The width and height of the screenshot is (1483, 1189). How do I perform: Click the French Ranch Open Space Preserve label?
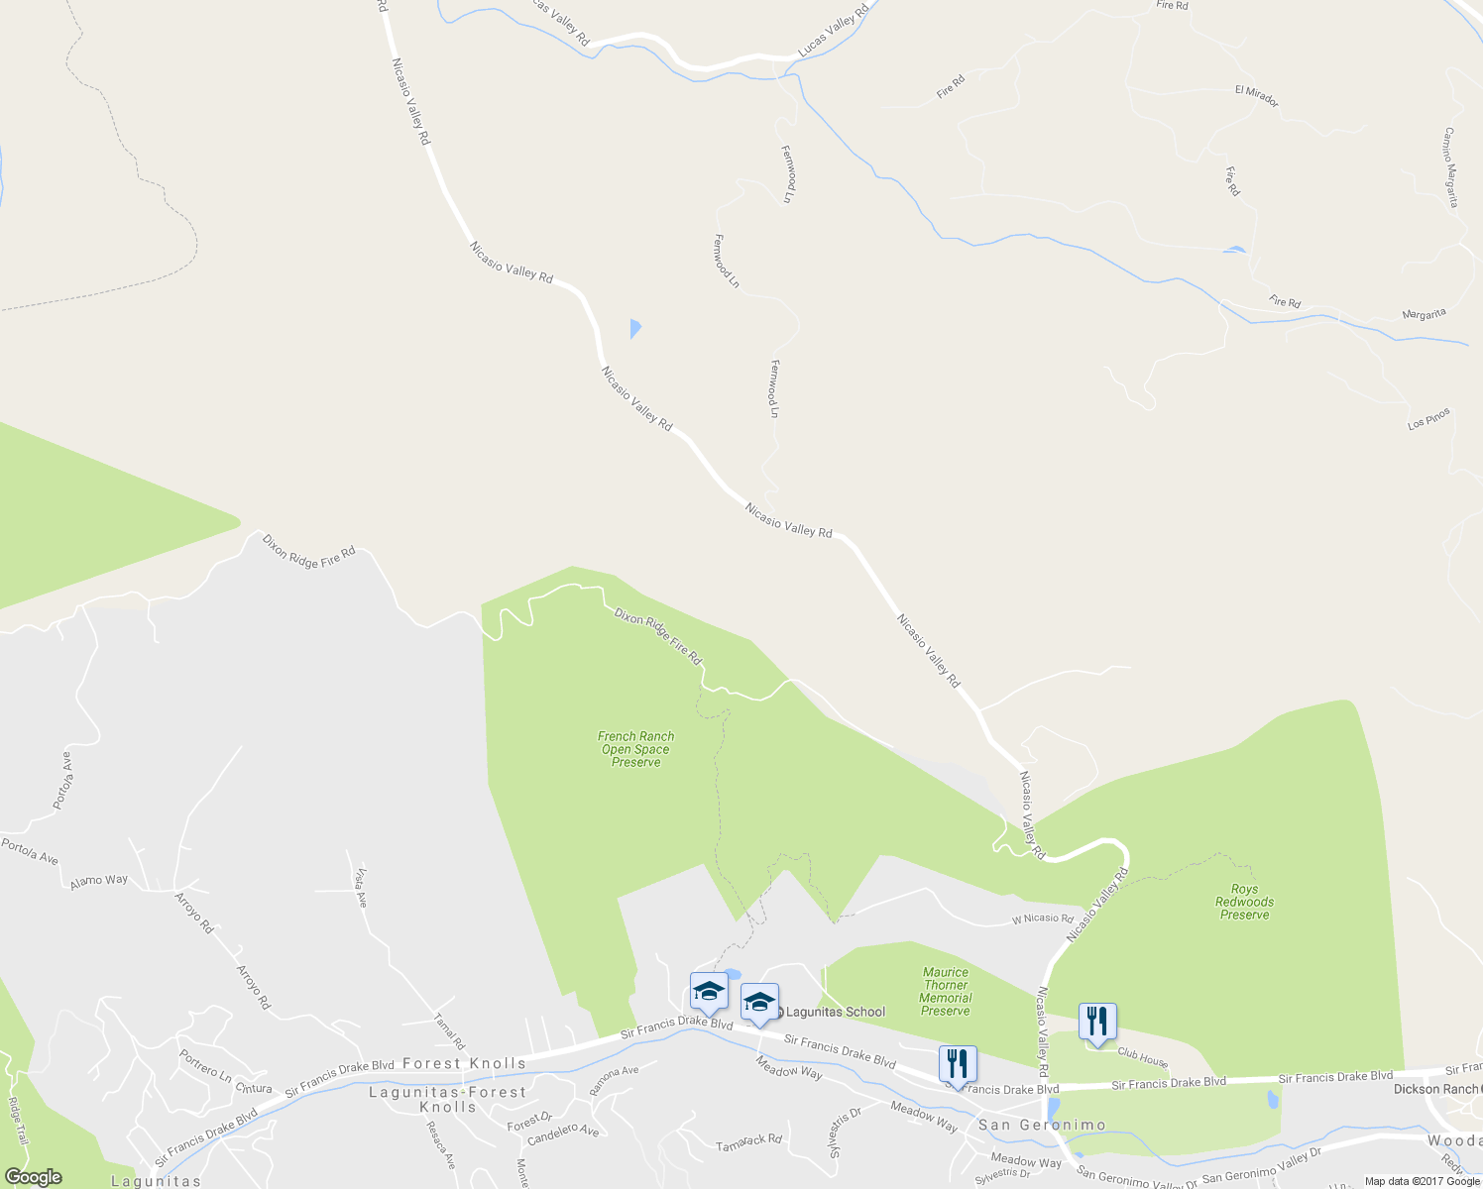point(635,749)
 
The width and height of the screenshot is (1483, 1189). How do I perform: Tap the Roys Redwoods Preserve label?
point(1244,902)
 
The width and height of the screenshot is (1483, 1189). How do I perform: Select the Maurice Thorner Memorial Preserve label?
point(946,992)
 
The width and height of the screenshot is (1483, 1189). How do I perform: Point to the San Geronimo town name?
point(1042,1125)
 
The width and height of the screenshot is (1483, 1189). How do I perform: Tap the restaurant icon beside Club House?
point(1097,1022)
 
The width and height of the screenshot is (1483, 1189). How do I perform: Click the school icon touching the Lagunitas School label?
point(759,1003)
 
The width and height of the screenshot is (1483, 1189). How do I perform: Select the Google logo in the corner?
point(33,1177)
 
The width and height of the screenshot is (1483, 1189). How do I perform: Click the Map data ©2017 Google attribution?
point(1422,1181)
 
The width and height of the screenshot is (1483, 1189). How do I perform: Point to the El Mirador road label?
point(1256,96)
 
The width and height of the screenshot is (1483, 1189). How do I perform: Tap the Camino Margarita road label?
point(1450,166)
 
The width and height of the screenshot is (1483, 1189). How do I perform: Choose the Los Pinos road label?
point(1428,419)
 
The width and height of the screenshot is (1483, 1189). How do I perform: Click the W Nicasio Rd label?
point(1042,919)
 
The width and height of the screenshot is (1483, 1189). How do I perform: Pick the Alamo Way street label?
point(99,880)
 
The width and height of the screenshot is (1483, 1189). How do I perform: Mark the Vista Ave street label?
point(361,887)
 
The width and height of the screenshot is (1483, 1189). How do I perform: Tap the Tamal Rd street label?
point(450,1030)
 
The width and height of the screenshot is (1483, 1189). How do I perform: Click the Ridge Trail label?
point(18,1121)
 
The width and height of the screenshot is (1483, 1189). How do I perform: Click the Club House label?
point(1142,1058)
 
